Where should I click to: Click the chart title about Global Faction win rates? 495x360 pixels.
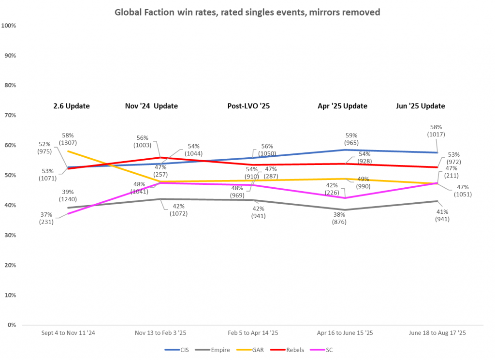click(x=247, y=12)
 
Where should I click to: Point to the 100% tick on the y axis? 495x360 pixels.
click(x=9, y=25)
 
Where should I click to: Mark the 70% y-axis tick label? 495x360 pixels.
click(x=10, y=115)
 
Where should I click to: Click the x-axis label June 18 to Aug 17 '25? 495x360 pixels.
click(x=437, y=333)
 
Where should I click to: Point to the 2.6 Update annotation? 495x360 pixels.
click(x=72, y=106)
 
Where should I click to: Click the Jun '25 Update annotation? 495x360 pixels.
click(x=421, y=106)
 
